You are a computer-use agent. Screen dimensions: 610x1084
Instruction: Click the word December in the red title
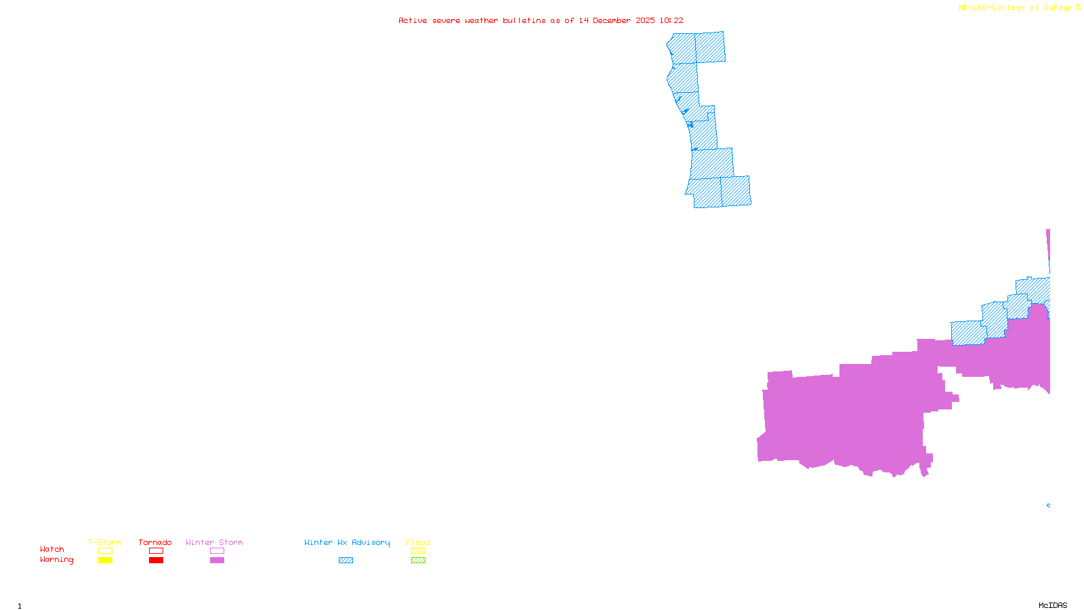coord(612,20)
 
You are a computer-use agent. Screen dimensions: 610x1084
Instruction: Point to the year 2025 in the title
coord(645,20)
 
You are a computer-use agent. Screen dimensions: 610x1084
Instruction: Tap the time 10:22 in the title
coord(671,20)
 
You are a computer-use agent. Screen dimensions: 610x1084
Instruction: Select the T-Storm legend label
coord(104,542)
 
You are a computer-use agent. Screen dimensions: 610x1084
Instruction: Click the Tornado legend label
coord(155,542)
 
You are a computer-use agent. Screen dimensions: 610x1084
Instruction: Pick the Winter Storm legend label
coord(214,542)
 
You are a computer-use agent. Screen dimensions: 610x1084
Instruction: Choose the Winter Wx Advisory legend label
coord(347,542)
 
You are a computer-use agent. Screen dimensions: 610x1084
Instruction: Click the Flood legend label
coord(418,542)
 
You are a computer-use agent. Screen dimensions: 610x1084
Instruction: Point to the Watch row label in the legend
coord(52,549)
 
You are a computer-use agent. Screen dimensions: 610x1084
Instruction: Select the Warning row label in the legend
coord(57,560)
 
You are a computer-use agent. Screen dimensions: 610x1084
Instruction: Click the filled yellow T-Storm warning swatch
coord(105,561)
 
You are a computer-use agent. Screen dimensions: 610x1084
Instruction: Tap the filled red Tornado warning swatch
coord(156,561)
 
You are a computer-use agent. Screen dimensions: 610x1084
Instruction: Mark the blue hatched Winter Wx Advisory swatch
coord(346,561)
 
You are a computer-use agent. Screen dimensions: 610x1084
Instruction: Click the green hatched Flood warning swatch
coord(418,561)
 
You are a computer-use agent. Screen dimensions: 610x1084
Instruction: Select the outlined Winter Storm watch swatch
coord(217,551)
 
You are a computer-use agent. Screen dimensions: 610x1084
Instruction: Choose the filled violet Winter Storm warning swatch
coord(217,561)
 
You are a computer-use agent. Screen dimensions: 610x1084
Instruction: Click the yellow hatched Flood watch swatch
coord(418,551)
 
